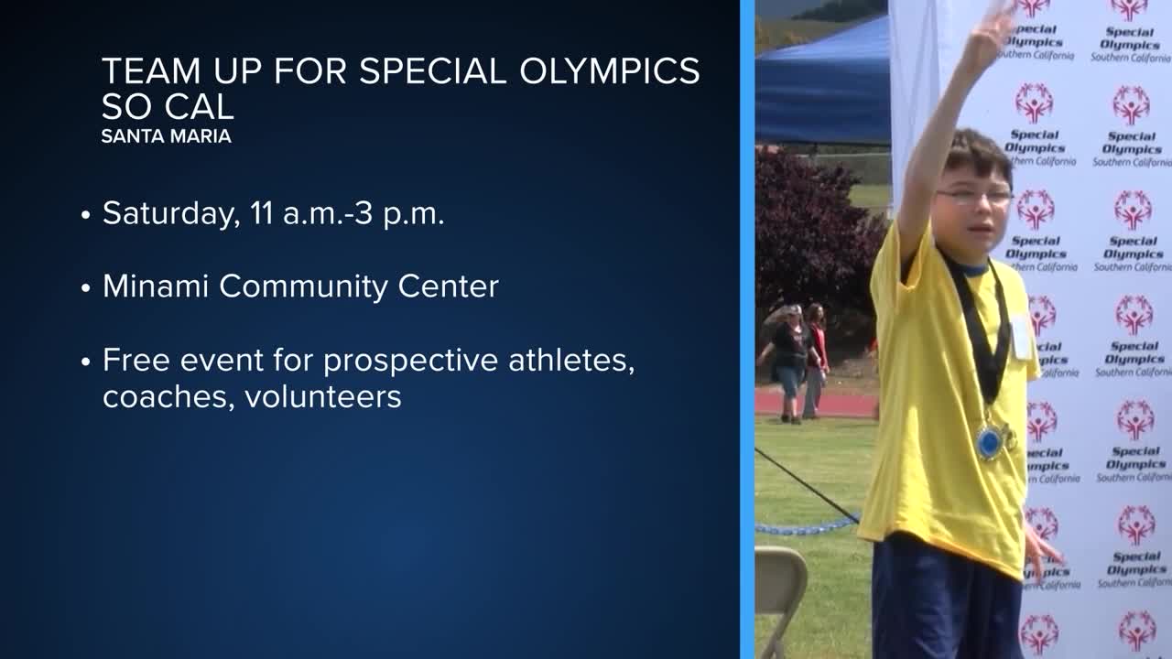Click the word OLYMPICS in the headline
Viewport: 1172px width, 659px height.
610,70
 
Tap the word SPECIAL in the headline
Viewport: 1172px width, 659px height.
433,70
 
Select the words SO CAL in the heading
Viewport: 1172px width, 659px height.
168,106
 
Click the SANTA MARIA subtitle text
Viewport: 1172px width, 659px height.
167,136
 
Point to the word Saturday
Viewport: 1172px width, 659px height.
171,214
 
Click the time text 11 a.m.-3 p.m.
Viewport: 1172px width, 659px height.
347,213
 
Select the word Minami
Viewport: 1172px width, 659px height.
156,286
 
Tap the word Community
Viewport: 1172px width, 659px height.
303,287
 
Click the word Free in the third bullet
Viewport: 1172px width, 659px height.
136,360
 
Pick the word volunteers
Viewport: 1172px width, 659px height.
323,397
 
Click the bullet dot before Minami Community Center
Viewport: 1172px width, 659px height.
86,288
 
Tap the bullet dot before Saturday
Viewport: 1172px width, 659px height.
86,215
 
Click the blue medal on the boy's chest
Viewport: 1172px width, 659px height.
990,442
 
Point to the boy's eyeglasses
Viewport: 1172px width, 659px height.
974,197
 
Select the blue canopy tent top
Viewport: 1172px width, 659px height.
822,83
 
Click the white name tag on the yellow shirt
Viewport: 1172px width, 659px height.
1020,338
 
